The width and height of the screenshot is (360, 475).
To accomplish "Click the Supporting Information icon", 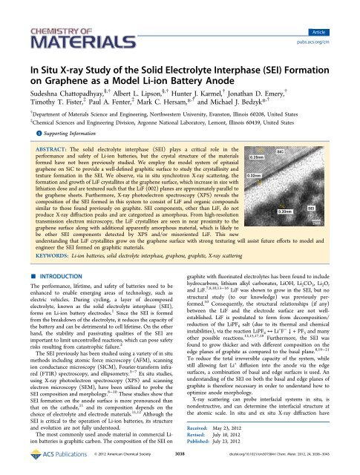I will coord(18,114).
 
